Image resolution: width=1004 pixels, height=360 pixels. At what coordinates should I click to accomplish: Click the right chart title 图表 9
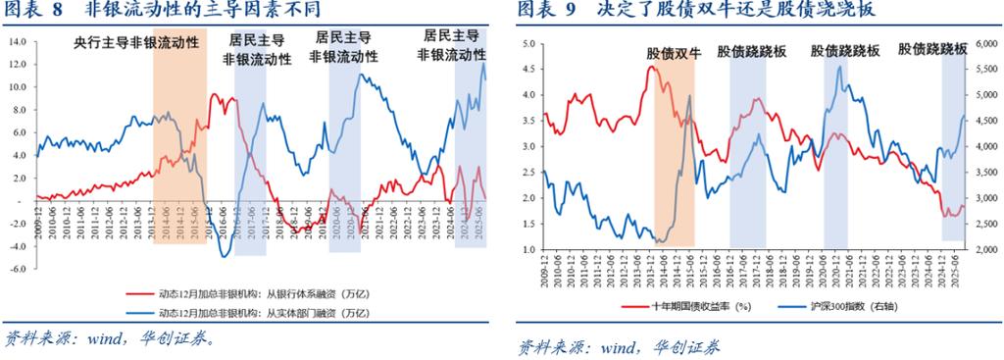coord(545,11)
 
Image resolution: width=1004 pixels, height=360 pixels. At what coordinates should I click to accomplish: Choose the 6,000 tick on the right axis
coord(983,44)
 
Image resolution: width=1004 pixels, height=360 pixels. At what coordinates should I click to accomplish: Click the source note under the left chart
coord(108,338)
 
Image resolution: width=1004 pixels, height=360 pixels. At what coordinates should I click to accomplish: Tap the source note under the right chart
coord(618,346)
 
